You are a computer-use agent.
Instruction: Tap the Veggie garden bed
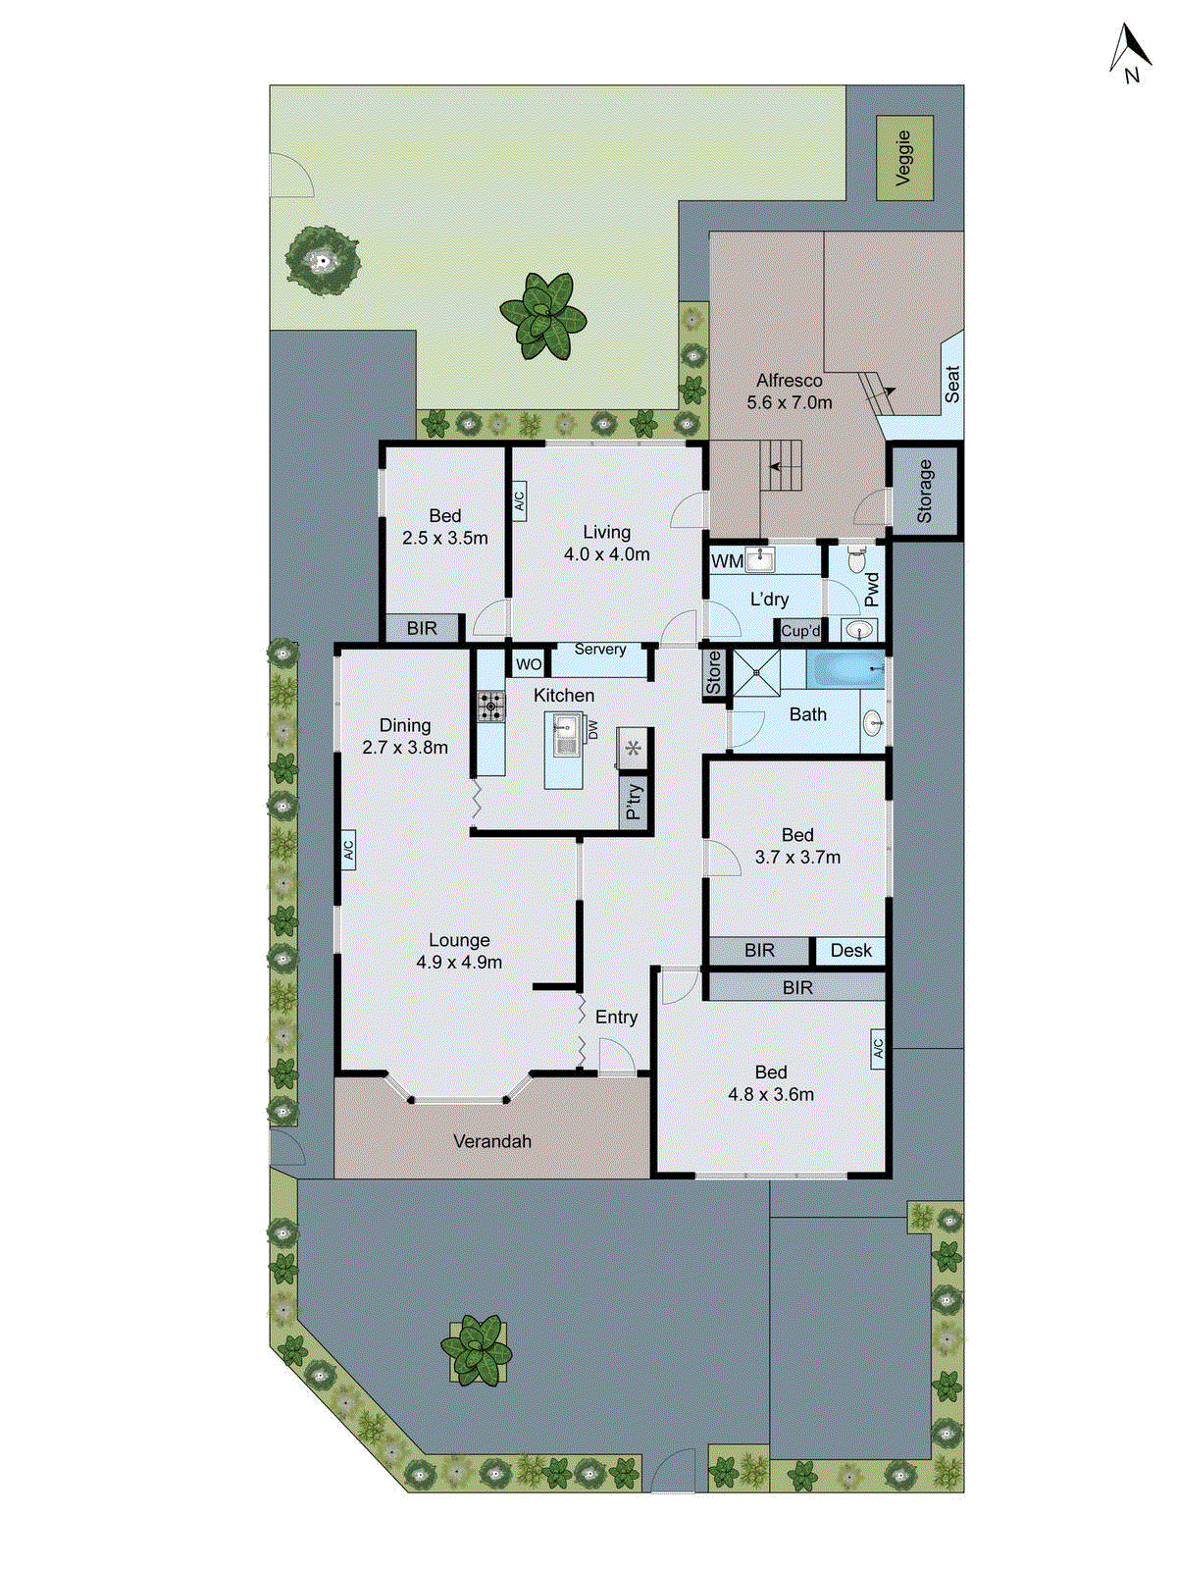[x=904, y=158]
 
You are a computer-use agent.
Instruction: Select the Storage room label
[x=925, y=491]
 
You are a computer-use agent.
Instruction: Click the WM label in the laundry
[x=727, y=562]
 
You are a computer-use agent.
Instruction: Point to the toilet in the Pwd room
[x=855, y=561]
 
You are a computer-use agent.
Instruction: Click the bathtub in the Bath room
[x=844, y=672]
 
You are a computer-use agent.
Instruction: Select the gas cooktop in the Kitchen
[x=490, y=706]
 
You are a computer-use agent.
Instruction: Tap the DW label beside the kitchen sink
[x=592, y=730]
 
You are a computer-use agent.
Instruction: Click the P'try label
[x=635, y=801]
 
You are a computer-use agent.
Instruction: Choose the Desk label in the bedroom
[x=850, y=951]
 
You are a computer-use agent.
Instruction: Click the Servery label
[x=600, y=650]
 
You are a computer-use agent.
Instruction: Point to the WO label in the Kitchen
[x=529, y=664]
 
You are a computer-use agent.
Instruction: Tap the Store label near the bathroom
[x=714, y=673]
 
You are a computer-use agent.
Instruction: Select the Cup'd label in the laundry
[x=800, y=631]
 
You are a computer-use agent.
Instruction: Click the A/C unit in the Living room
[x=519, y=500]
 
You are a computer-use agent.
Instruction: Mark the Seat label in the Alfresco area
[x=951, y=384]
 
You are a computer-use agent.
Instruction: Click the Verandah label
[x=492, y=1141]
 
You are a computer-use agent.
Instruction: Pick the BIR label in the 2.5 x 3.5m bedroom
[x=422, y=628]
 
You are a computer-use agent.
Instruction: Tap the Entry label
[x=616, y=1018]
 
